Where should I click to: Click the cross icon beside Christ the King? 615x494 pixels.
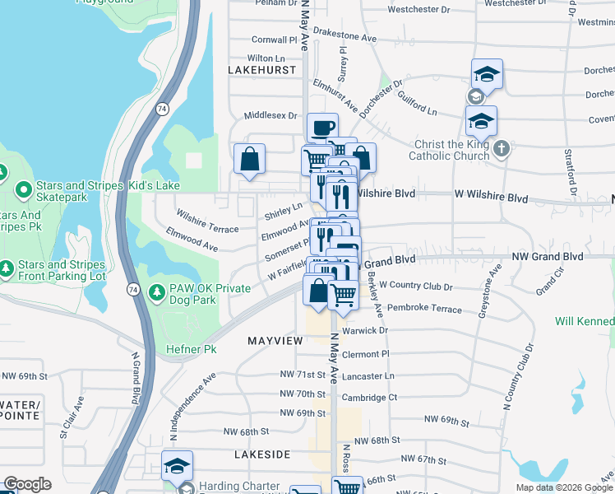[503, 149]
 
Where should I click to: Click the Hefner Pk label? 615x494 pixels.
[192, 350]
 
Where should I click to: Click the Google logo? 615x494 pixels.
[27, 484]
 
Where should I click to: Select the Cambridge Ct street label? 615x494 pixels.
[369, 397]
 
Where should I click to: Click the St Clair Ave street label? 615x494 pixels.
[71, 419]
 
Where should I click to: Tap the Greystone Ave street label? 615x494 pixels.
[486, 291]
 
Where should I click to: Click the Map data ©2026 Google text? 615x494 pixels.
[563, 487]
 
